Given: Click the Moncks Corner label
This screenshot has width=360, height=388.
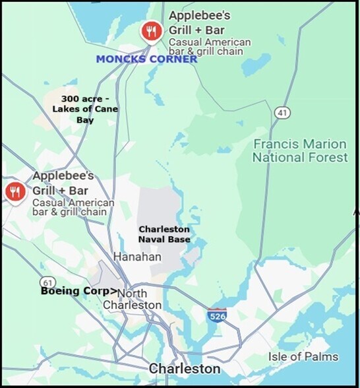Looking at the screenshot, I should point(146,59).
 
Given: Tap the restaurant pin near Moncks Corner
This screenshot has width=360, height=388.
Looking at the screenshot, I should point(152,30).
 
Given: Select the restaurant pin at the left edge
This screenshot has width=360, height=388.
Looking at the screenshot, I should point(15,191).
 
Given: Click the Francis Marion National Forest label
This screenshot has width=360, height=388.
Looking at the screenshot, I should point(300,150).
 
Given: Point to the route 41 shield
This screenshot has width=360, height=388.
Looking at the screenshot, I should point(283,113).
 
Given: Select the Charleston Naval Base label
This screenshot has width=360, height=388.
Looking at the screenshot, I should point(165,234).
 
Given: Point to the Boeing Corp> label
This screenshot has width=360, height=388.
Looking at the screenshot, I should point(79,290).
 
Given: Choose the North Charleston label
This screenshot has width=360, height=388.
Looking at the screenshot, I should point(132,299).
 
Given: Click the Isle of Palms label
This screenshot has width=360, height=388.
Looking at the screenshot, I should point(303,357).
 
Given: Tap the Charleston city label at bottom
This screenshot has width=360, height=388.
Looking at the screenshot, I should point(185,368).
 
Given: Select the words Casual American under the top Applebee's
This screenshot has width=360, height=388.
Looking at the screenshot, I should point(209,42).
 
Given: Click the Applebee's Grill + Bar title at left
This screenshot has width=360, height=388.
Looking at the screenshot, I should point(63,183).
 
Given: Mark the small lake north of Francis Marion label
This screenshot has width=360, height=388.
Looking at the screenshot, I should point(256,64).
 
